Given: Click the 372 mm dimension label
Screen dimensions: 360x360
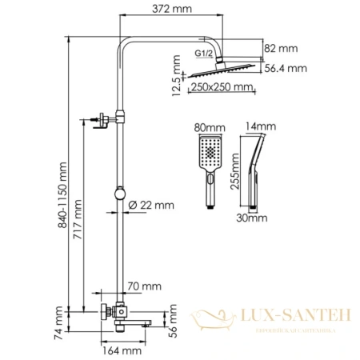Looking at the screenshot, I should coord(178,8).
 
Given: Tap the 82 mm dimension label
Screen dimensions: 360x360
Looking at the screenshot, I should coord(286,49).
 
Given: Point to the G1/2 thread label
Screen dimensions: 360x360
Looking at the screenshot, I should coord(204,54).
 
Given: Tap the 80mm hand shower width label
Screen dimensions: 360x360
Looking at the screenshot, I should coord(210,127).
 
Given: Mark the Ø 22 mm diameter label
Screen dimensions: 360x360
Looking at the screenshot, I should coord(152,206).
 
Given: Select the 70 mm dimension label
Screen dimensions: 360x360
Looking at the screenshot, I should coord(144,286).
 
